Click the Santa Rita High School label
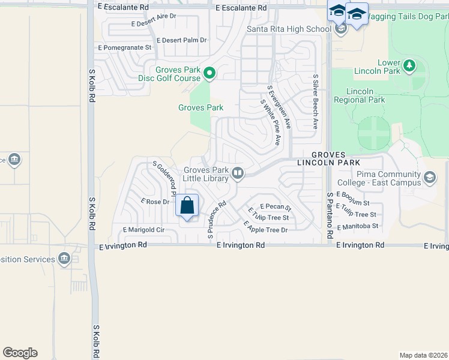[289, 28]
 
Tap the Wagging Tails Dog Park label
[406, 16]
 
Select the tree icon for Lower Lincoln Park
[410, 65]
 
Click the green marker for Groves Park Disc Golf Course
[209, 74]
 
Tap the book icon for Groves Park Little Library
[238, 174]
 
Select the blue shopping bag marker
[187, 206]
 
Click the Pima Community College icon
[430, 177]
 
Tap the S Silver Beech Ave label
[315, 102]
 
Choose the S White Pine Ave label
[270, 122]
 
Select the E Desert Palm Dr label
[181, 40]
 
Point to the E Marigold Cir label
[143, 229]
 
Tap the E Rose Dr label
[154, 202]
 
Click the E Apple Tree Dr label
[265, 226]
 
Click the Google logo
[20, 353]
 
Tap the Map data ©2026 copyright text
[424, 355]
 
